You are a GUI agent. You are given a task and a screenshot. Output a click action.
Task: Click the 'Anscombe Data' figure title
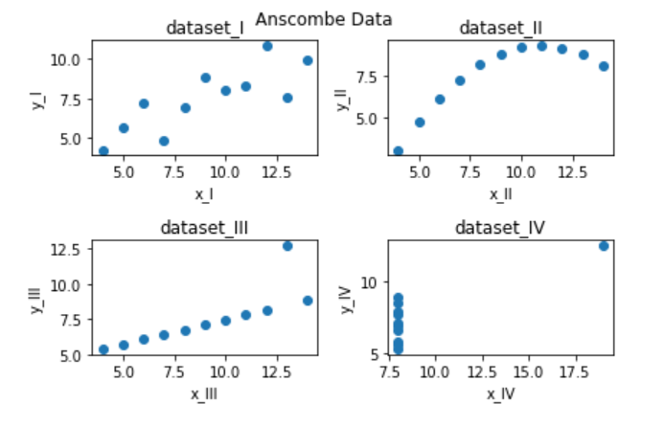point(324,18)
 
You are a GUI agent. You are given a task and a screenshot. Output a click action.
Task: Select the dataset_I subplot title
point(205,28)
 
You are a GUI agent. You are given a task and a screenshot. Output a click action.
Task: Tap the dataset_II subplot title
point(500,28)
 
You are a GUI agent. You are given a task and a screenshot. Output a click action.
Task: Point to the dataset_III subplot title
point(205,228)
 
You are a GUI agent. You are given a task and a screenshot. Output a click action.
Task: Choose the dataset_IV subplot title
point(500,228)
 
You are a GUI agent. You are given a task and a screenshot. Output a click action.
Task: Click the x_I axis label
point(205,193)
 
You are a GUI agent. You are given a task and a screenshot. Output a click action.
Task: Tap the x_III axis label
point(205,393)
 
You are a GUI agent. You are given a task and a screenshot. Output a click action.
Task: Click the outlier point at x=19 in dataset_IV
point(604,246)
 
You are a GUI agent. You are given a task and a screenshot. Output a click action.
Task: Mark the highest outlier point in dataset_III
point(287,246)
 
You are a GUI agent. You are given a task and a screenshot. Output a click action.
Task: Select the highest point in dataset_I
point(267,46)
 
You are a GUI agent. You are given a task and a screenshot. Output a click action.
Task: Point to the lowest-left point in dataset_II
point(398,151)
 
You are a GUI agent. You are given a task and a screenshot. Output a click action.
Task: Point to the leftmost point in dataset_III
point(103,349)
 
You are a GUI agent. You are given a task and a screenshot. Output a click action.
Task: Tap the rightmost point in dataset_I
point(308,60)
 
